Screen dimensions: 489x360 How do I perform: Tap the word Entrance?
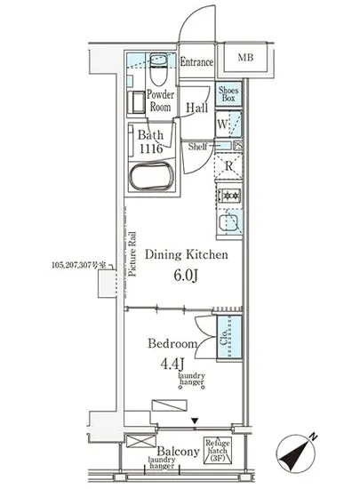[196, 62]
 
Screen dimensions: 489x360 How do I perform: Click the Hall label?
[196, 108]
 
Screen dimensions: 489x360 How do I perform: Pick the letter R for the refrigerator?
[228, 165]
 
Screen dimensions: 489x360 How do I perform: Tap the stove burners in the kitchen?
[227, 196]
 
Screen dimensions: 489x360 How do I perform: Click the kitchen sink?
[228, 223]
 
